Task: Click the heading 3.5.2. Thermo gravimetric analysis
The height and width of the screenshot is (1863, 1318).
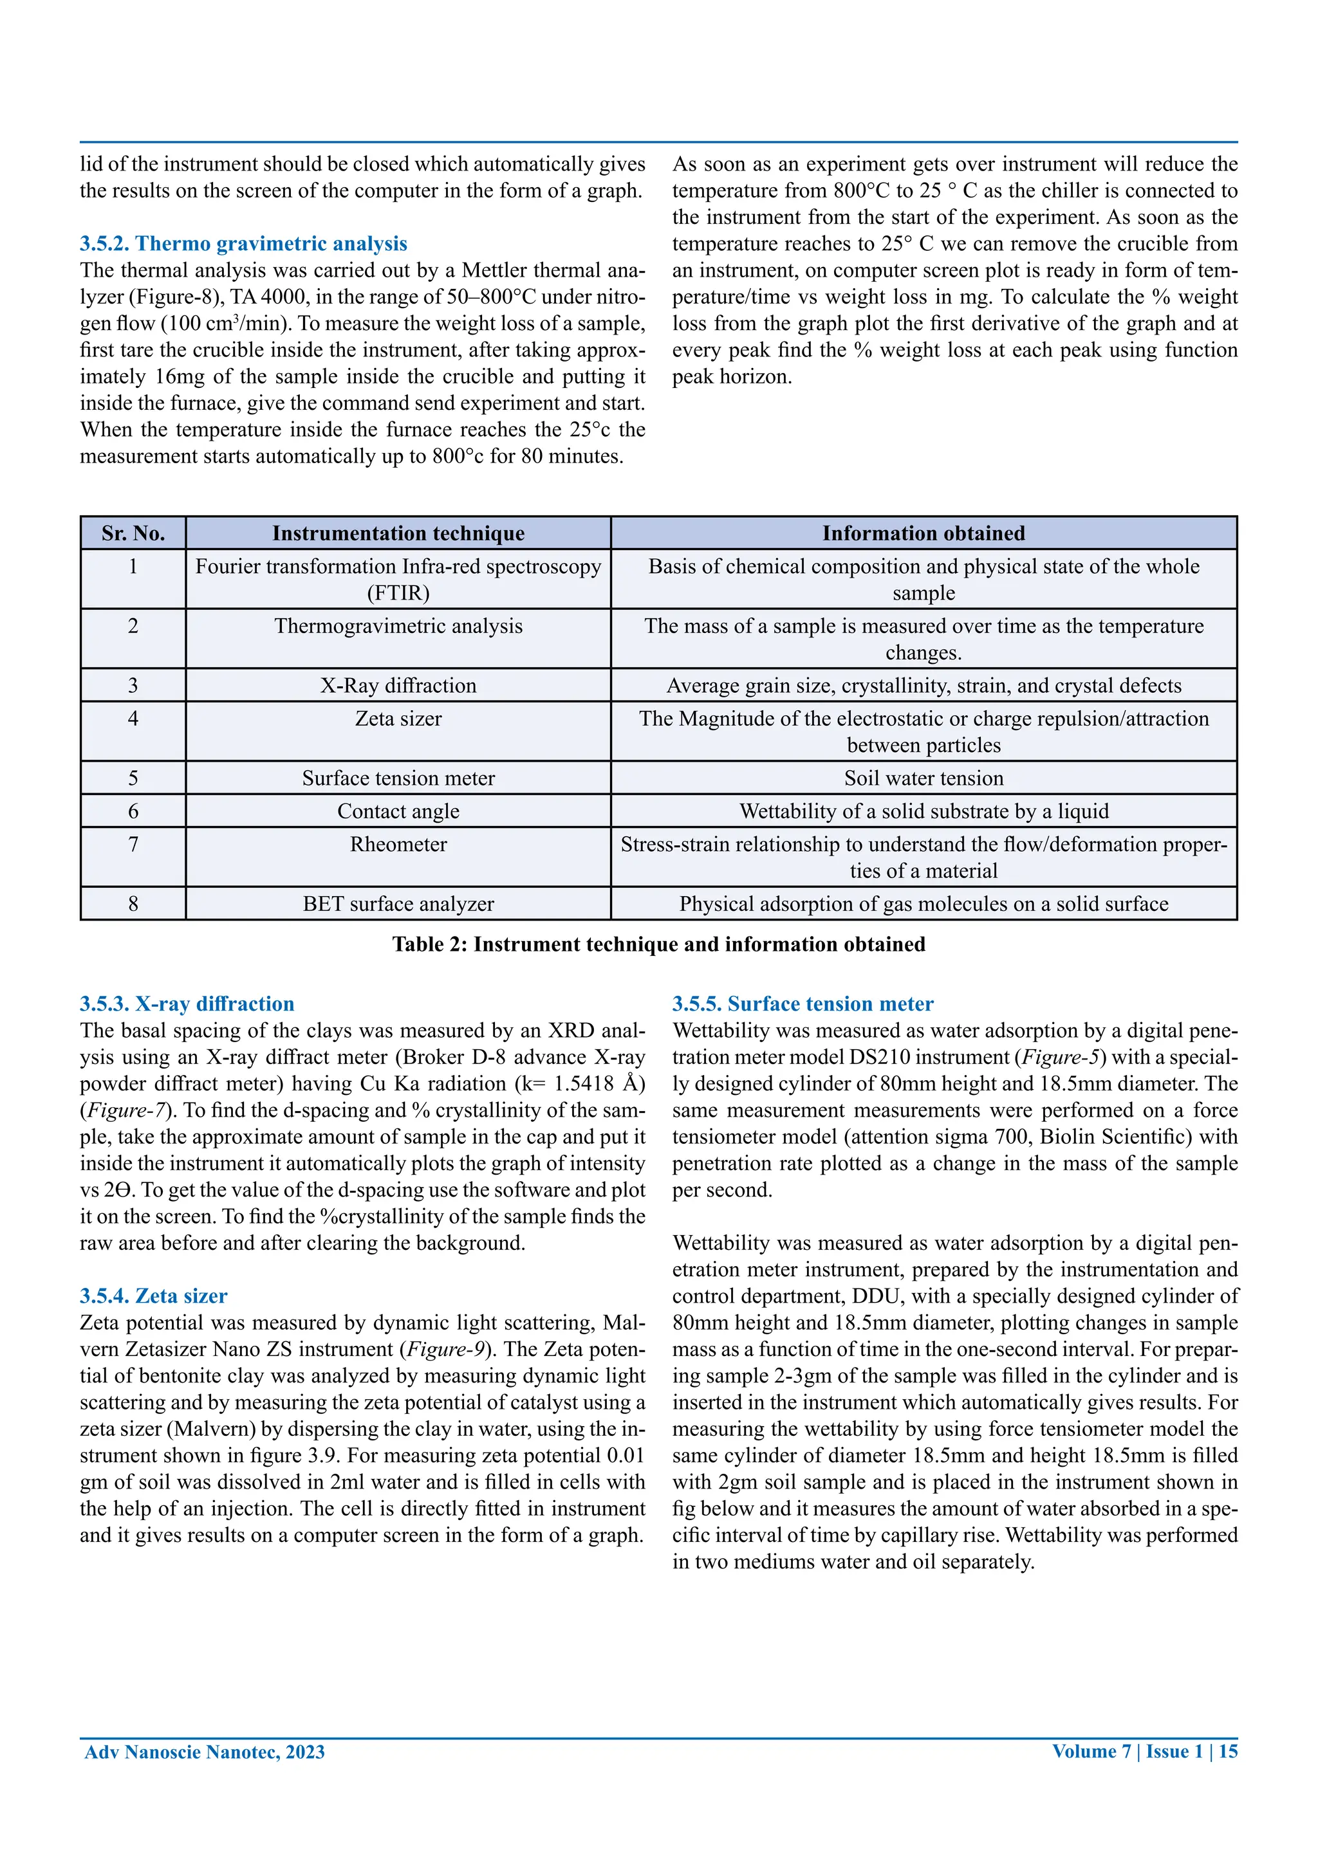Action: pyautogui.click(x=243, y=243)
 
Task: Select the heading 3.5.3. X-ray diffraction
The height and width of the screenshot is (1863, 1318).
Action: pyautogui.click(x=187, y=1004)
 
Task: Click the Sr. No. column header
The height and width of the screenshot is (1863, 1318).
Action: pyautogui.click(x=133, y=533)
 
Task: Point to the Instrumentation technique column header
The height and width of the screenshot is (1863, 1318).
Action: pyautogui.click(x=398, y=533)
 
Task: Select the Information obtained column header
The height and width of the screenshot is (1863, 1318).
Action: pyautogui.click(x=923, y=533)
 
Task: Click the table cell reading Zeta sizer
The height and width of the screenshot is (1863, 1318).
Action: pyautogui.click(x=398, y=719)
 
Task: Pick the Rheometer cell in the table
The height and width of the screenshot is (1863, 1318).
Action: pyautogui.click(x=398, y=845)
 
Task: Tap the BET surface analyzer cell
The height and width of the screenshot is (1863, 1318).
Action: pyautogui.click(x=398, y=904)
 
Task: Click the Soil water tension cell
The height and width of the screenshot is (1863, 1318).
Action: pyautogui.click(x=923, y=778)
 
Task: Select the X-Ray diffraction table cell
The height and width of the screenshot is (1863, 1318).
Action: pyautogui.click(x=398, y=686)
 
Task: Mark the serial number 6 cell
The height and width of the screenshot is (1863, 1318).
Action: pyautogui.click(x=133, y=811)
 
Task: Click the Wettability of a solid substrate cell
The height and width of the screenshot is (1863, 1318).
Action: pyautogui.click(x=923, y=811)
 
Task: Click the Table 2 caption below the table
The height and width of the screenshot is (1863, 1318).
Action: pyautogui.click(x=658, y=944)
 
